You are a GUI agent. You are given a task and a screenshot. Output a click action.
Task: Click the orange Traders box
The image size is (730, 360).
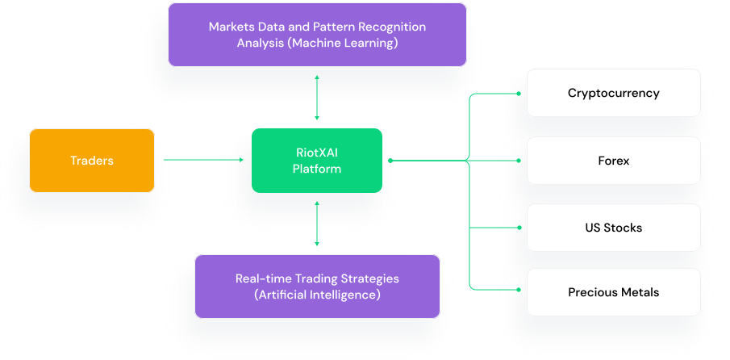point(92,161)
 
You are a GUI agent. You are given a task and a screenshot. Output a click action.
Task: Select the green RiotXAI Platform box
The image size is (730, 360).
point(317,161)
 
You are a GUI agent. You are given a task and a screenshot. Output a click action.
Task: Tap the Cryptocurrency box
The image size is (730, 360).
point(613,93)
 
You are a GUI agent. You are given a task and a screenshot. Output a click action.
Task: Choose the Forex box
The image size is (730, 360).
point(613,161)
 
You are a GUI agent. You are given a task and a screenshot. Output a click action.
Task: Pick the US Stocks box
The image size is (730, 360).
point(613,228)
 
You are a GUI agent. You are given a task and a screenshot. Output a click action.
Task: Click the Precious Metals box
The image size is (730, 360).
point(613,292)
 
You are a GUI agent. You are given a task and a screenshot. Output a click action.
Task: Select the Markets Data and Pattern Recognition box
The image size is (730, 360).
point(317,35)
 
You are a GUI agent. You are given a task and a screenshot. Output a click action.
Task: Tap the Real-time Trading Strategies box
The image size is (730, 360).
point(317,287)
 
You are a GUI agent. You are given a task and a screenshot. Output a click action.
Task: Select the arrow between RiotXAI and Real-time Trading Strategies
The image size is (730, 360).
point(317,224)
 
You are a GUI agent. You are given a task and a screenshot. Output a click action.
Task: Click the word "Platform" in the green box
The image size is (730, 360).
point(317,169)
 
